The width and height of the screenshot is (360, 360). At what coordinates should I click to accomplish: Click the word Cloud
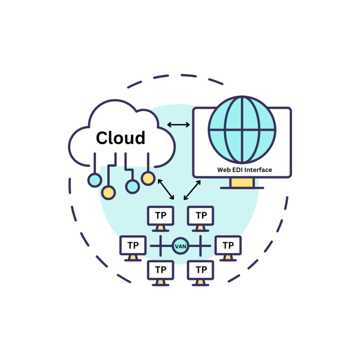tap(120, 138)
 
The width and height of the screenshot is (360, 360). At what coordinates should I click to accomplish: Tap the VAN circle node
tap(180, 246)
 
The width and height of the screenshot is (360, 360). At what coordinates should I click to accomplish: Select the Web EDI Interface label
tap(244, 170)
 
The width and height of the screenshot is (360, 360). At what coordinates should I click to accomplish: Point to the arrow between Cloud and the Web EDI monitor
tap(179, 125)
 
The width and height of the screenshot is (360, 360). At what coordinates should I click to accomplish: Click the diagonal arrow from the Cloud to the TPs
tap(166, 189)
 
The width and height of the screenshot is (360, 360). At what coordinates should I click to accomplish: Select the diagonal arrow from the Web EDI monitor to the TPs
tap(192, 189)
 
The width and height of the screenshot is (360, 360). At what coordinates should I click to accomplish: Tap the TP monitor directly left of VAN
tap(133, 246)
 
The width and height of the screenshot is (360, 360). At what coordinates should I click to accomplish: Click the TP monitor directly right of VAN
tap(228, 246)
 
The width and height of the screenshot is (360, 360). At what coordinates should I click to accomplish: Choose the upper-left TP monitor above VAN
tap(161, 216)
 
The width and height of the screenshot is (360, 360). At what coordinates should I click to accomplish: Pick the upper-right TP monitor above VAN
tap(201, 216)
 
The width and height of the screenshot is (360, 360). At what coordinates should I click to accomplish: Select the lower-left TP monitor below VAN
tap(161, 270)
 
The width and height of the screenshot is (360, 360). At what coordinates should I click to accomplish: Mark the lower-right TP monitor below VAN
tap(201, 270)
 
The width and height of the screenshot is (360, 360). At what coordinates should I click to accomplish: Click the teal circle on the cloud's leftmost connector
tap(95, 180)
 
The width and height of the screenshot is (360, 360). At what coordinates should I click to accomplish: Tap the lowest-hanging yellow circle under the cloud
tap(109, 192)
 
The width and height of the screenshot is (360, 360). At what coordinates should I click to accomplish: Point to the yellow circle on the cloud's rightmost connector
tap(148, 178)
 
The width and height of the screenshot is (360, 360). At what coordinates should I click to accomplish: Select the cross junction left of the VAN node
tap(159, 246)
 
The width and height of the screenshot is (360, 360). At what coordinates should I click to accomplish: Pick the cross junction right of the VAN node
tap(202, 246)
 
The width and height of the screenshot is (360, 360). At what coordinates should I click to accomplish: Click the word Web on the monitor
tap(224, 170)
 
